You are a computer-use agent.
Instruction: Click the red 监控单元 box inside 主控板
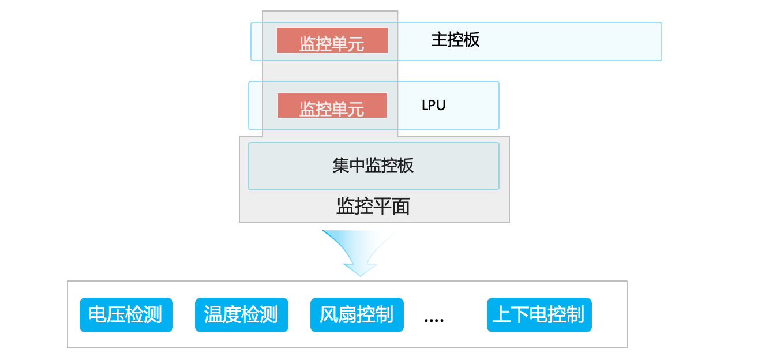[x=332, y=40]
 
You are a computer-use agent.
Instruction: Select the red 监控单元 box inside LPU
[x=332, y=106]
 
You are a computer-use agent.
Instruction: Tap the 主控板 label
[x=455, y=40]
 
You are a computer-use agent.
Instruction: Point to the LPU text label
[x=433, y=105]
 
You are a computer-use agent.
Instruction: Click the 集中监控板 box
[x=374, y=166]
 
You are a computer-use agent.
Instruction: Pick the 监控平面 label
[x=373, y=206]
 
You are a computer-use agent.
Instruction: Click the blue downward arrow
[x=359, y=253]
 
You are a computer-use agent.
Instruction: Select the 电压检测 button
[x=126, y=314]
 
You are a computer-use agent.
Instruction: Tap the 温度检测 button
[x=242, y=314]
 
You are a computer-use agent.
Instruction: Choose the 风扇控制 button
[x=357, y=314]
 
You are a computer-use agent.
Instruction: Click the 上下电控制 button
[x=539, y=314]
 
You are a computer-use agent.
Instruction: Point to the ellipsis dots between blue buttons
[x=434, y=320]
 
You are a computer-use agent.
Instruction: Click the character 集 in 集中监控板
[x=341, y=166]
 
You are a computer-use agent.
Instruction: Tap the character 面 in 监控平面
[x=401, y=206]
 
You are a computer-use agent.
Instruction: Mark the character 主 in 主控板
[x=439, y=40]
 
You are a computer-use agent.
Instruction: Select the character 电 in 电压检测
[x=97, y=314]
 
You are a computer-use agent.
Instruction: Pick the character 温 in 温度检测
[x=213, y=314]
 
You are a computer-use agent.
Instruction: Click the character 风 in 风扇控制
[x=328, y=314]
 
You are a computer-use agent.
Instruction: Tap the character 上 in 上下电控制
[x=502, y=314]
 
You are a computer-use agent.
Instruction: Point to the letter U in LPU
[x=441, y=106]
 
